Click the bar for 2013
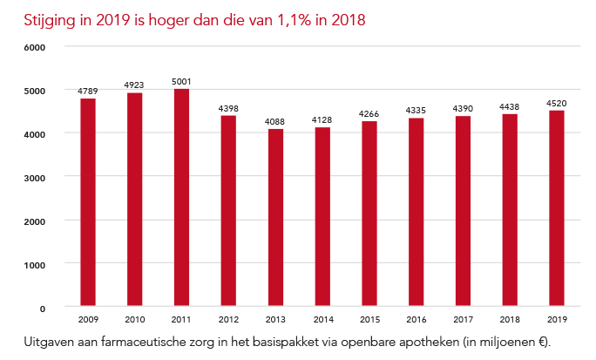coord(275,218)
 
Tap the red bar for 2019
coord(556,208)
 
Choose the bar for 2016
coord(416,213)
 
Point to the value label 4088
coord(275,122)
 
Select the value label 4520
coord(556,103)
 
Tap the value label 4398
coord(228,108)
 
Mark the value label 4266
coord(369,114)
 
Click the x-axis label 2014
coord(322,319)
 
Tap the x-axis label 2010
coord(134,319)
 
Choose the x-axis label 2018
coord(509,319)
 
